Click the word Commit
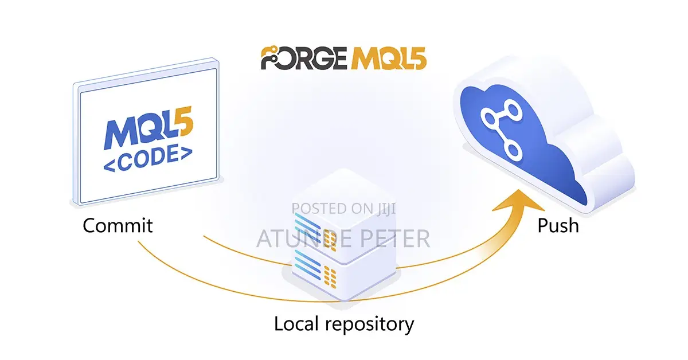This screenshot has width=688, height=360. [x=118, y=226]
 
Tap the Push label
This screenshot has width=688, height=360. [x=558, y=226]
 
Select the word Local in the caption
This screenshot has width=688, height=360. [x=296, y=324]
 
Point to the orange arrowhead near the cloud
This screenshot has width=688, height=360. [x=519, y=201]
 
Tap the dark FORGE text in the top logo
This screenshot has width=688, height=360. [x=304, y=58]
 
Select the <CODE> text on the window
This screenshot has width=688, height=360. [x=148, y=158]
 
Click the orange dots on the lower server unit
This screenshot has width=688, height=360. [x=330, y=277]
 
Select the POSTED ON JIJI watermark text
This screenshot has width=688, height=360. [x=343, y=209]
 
